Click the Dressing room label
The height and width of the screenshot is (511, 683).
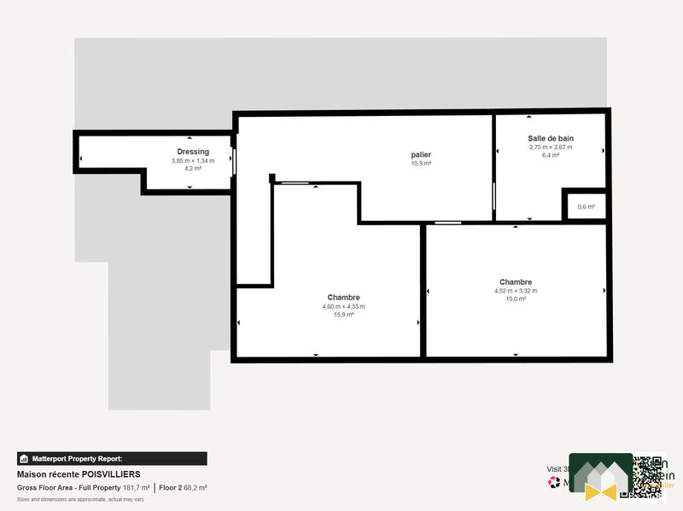[x=193, y=152]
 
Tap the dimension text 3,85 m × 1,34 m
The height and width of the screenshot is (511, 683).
[x=193, y=160]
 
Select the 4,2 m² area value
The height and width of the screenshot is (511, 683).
[x=193, y=169]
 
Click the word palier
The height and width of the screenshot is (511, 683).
[x=421, y=154]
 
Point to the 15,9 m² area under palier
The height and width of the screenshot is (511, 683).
[x=421, y=164]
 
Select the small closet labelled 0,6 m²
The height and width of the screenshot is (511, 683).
[x=586, y=206]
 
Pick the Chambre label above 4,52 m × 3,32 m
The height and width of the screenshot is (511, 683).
[x=516, y=282]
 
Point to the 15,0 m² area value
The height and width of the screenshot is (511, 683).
[x=516, y=299]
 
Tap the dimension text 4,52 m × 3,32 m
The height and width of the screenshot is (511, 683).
[x=516, y=291]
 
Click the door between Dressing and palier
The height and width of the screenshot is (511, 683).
[x=234, y=162]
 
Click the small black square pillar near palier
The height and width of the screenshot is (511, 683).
[x=271, y=178]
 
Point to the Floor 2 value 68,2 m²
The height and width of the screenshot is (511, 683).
[x=196, y=488]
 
